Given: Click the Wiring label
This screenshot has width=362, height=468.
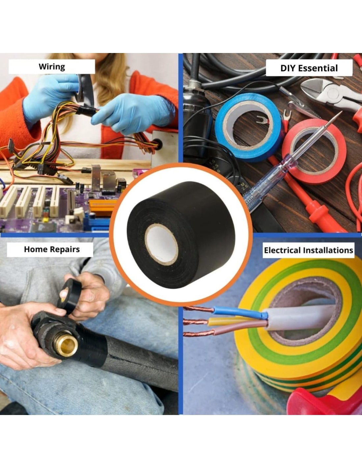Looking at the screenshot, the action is pos(52,67).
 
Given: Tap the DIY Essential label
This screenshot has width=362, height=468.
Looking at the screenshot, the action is pos(309,68).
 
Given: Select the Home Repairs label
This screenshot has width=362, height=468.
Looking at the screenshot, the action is pos(52,249).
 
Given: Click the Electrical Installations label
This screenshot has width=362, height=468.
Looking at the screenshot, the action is pos(308,250).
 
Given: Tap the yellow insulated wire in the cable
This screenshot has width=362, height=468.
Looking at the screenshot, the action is pos(235,321).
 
